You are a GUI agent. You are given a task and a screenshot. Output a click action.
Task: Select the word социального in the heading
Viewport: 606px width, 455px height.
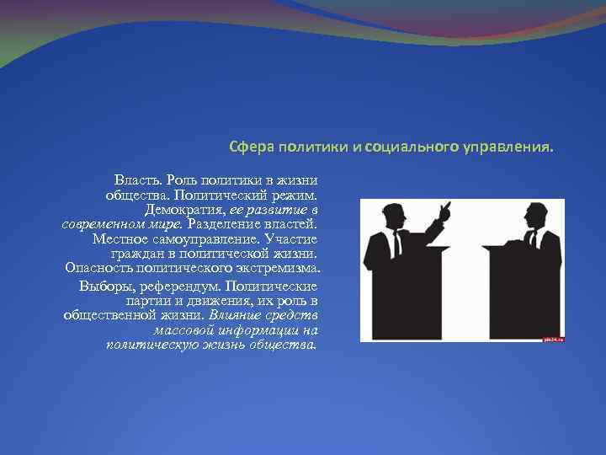point(410,147)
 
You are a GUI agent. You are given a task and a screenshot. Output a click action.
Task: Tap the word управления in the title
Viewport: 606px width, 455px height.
point(507,147)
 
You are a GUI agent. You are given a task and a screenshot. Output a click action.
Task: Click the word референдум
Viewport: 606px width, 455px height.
point(175,285)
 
